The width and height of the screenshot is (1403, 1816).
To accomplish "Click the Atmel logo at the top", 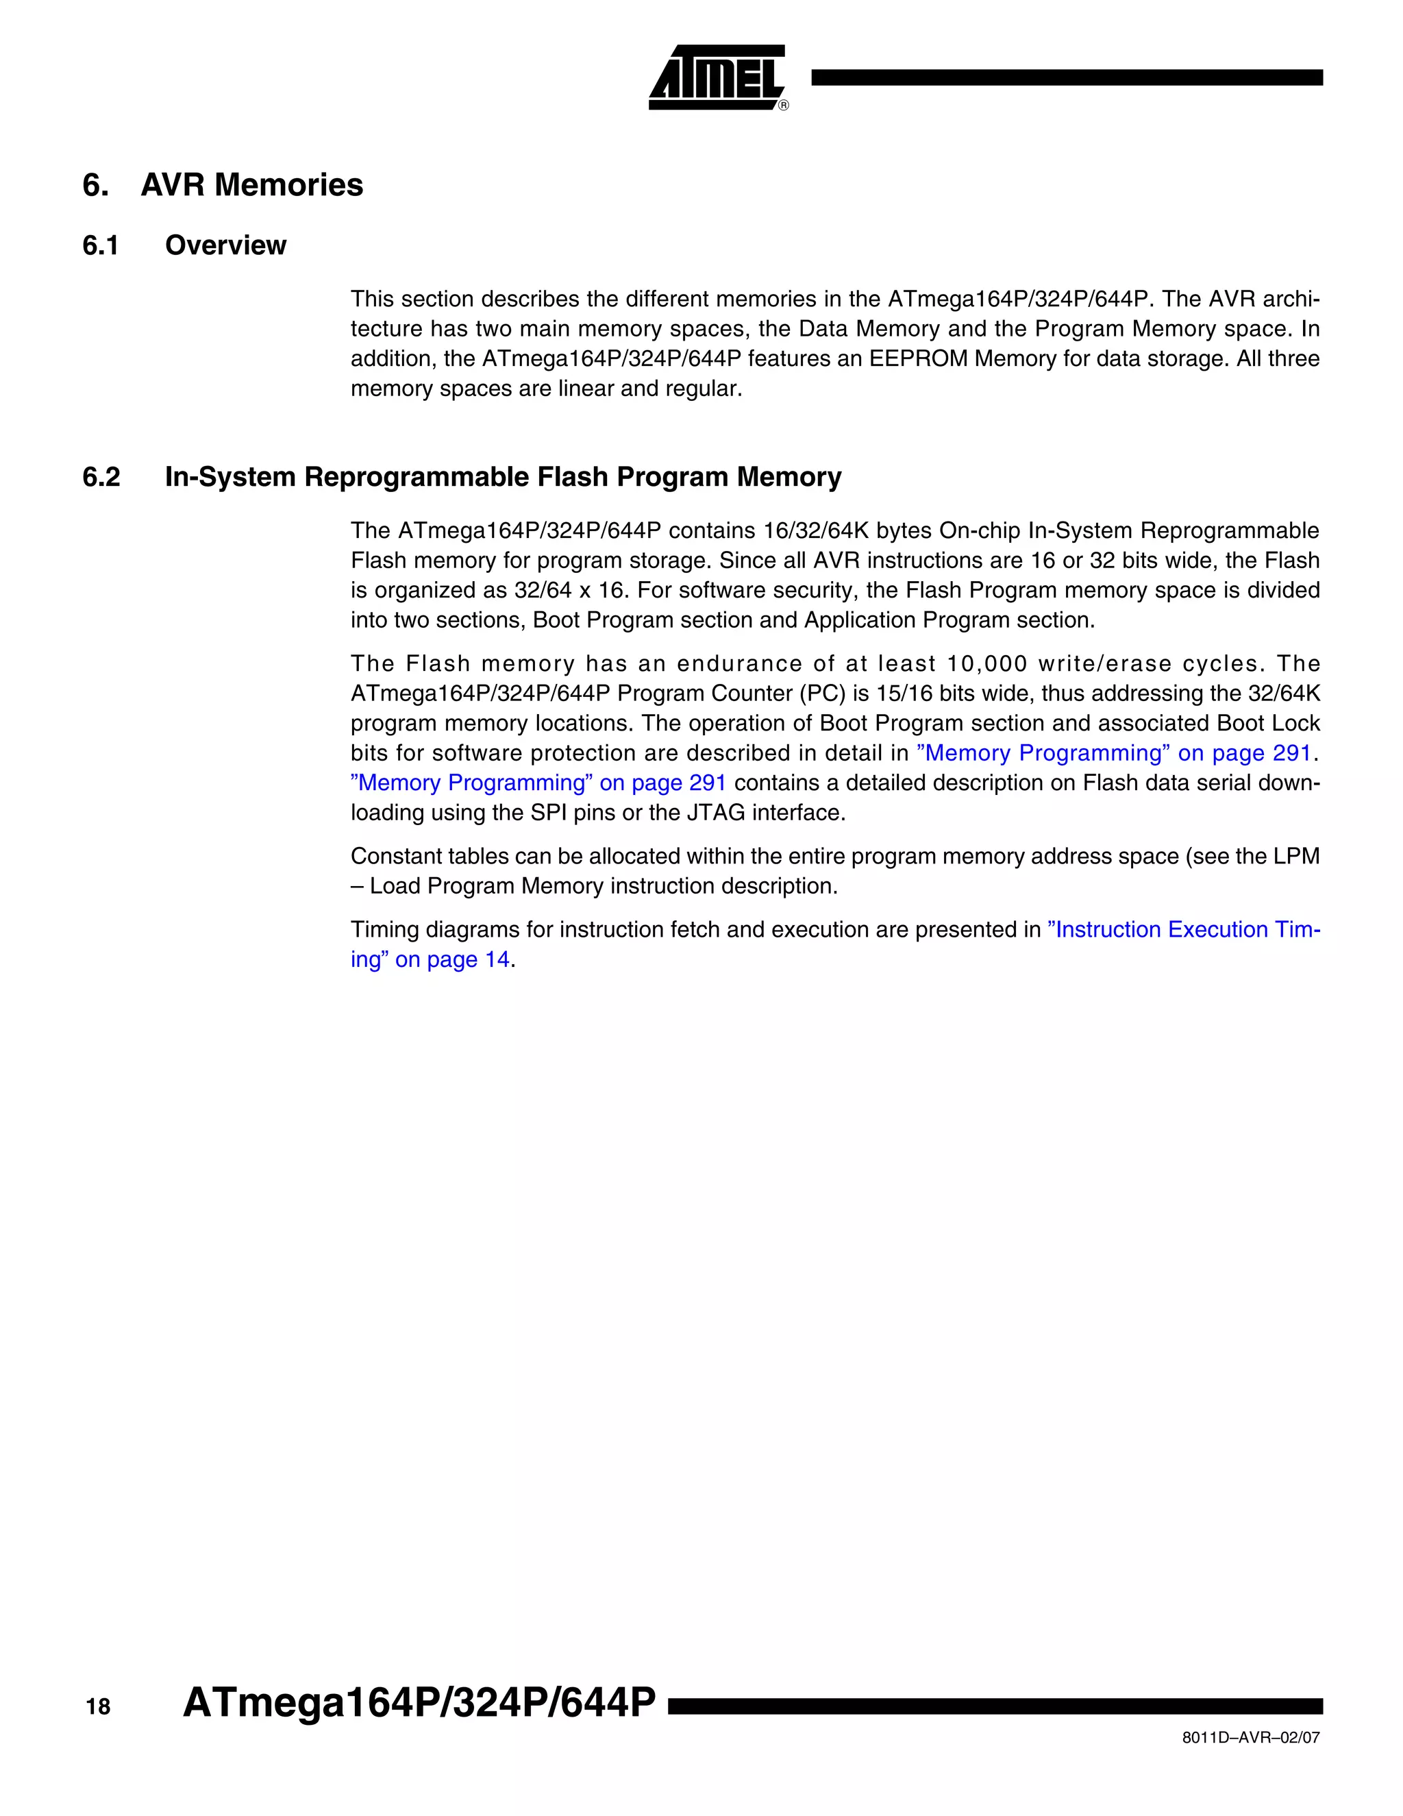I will [717, 78].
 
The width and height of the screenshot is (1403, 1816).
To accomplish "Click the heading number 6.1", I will [101, 245].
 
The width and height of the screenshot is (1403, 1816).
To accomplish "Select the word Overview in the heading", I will [225, 245].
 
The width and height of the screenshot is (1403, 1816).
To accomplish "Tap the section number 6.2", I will [101, 477].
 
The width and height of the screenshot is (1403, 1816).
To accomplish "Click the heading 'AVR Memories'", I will [252, 184].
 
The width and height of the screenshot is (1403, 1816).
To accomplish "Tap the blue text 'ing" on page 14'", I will [430, 959].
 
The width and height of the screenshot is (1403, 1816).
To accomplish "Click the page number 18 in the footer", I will [98, 1707].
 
